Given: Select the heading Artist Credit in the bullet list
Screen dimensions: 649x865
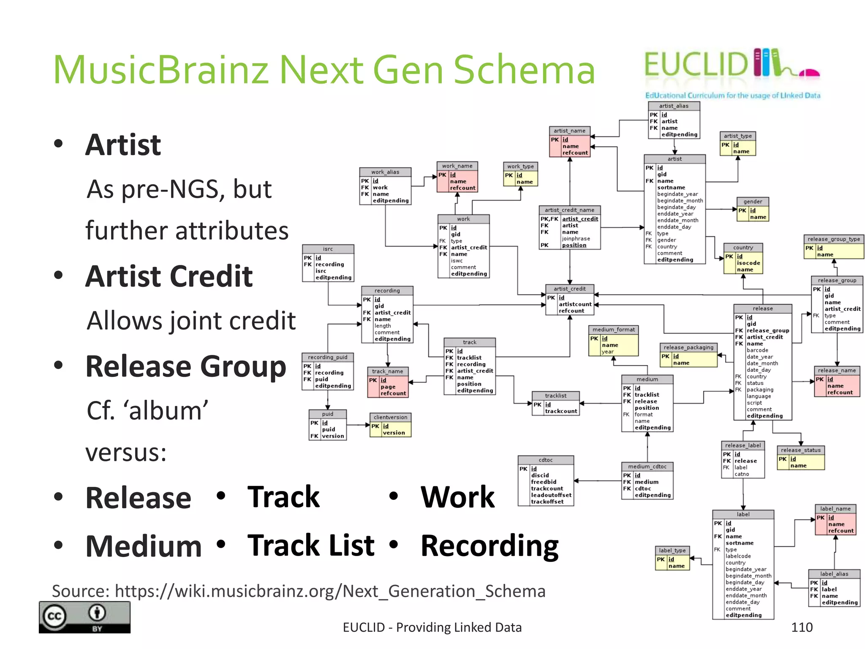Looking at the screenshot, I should pyautogui.click(x=169, y=276).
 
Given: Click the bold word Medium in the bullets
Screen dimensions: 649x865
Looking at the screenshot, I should pyautogui.click(x=144, y=546).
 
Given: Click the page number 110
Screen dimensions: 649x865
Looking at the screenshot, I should pyautogui.click(x=801, y=627).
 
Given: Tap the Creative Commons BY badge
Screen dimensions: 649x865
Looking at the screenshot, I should pyautogui.click(x=84, y=617).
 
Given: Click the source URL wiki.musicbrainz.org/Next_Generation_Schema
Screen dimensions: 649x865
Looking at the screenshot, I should pyautogui.click(x=330, y=591).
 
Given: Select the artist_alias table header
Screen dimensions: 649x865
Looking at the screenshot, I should pyautogui.click(x=674, y=106).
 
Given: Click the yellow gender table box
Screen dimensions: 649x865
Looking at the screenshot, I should pyautogui.click(x=753, y=210).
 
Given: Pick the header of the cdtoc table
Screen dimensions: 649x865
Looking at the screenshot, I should pyautogui.click(x=545, y=460).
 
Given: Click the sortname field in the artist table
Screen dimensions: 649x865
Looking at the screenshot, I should pyautogui.click(x=671, y=188).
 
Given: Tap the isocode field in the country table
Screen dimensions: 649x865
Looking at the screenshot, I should pyautogui.click(x=748, y=263).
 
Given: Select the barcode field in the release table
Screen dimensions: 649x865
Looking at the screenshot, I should pyautogui.click(x=757, y=350).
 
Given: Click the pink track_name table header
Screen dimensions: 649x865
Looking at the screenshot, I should pyautogui.click(x=387, y=371).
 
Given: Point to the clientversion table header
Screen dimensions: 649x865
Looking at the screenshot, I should pyautogui.click(x=390, y=417).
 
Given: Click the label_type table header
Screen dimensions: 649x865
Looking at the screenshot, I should pyautogui.click(x=672, y=551).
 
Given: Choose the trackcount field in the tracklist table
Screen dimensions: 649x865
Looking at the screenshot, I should pyautogui.click(x=560, y=411).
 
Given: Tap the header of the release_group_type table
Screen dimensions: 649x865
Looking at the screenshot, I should pyautogui.click(x=834, y=239).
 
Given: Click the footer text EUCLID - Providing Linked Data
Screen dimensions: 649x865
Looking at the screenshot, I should pyautogui.click(x=432, y=627).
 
